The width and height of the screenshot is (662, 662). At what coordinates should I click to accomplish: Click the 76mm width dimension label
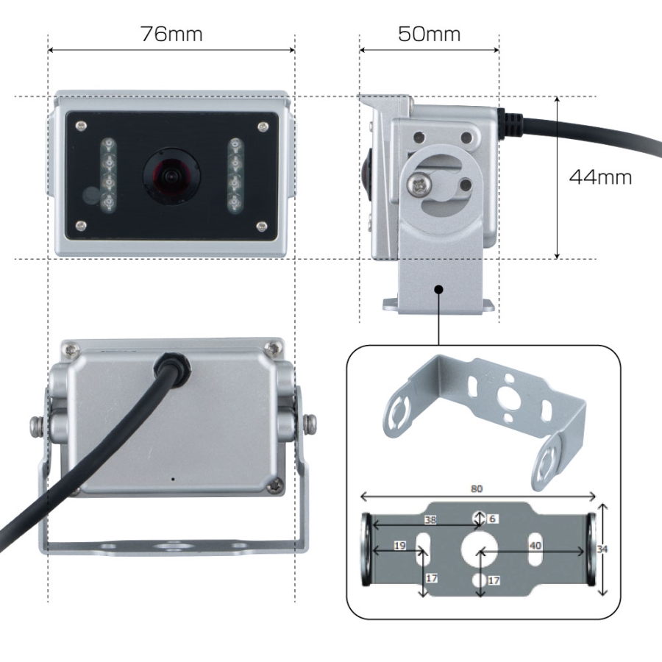[x=171, y=34]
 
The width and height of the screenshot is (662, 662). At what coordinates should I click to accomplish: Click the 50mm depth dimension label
[x=429, y=34]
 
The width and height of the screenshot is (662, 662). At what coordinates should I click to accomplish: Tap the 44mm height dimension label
[x=600, y=177]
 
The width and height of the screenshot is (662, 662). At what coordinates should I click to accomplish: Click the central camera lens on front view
[x=171, y=175]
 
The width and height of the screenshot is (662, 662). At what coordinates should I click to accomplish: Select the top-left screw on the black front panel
[x=80, y=125]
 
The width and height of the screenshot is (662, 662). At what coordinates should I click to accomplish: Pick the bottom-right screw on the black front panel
[x=262, y=227]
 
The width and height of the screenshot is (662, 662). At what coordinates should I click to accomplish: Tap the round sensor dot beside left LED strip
[x=90, y=195]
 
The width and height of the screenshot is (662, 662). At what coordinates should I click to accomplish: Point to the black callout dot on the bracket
[x=438, y=289]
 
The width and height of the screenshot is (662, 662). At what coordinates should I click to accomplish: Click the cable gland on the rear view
[x=172, y=364]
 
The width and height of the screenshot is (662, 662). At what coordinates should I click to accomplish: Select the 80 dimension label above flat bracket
[x=476, y=488]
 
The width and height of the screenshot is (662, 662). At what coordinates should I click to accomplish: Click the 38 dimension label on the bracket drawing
[x=430, y=520]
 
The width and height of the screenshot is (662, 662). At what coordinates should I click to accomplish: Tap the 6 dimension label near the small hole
[x=492, y=519]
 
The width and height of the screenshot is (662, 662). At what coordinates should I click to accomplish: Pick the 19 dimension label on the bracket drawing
[x=399, y=546]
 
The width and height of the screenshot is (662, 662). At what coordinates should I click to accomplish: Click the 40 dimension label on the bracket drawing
[x=535, y=546]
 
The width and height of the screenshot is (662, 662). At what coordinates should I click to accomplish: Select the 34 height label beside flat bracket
[x=602, y=549]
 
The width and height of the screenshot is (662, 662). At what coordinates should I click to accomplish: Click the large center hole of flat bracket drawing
[x=479, y=549]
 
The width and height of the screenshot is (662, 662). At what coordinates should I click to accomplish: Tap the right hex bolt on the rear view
[x=310, y=424]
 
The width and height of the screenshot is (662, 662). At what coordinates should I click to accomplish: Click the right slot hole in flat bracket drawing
[x=535, y=549]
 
